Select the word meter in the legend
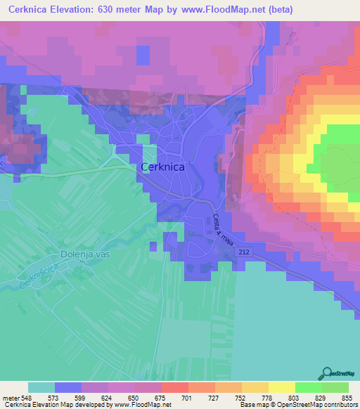click(x=9, y=398)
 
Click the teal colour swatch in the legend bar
click(x=41, y=387)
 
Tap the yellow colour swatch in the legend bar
click(x=281, y=387)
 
